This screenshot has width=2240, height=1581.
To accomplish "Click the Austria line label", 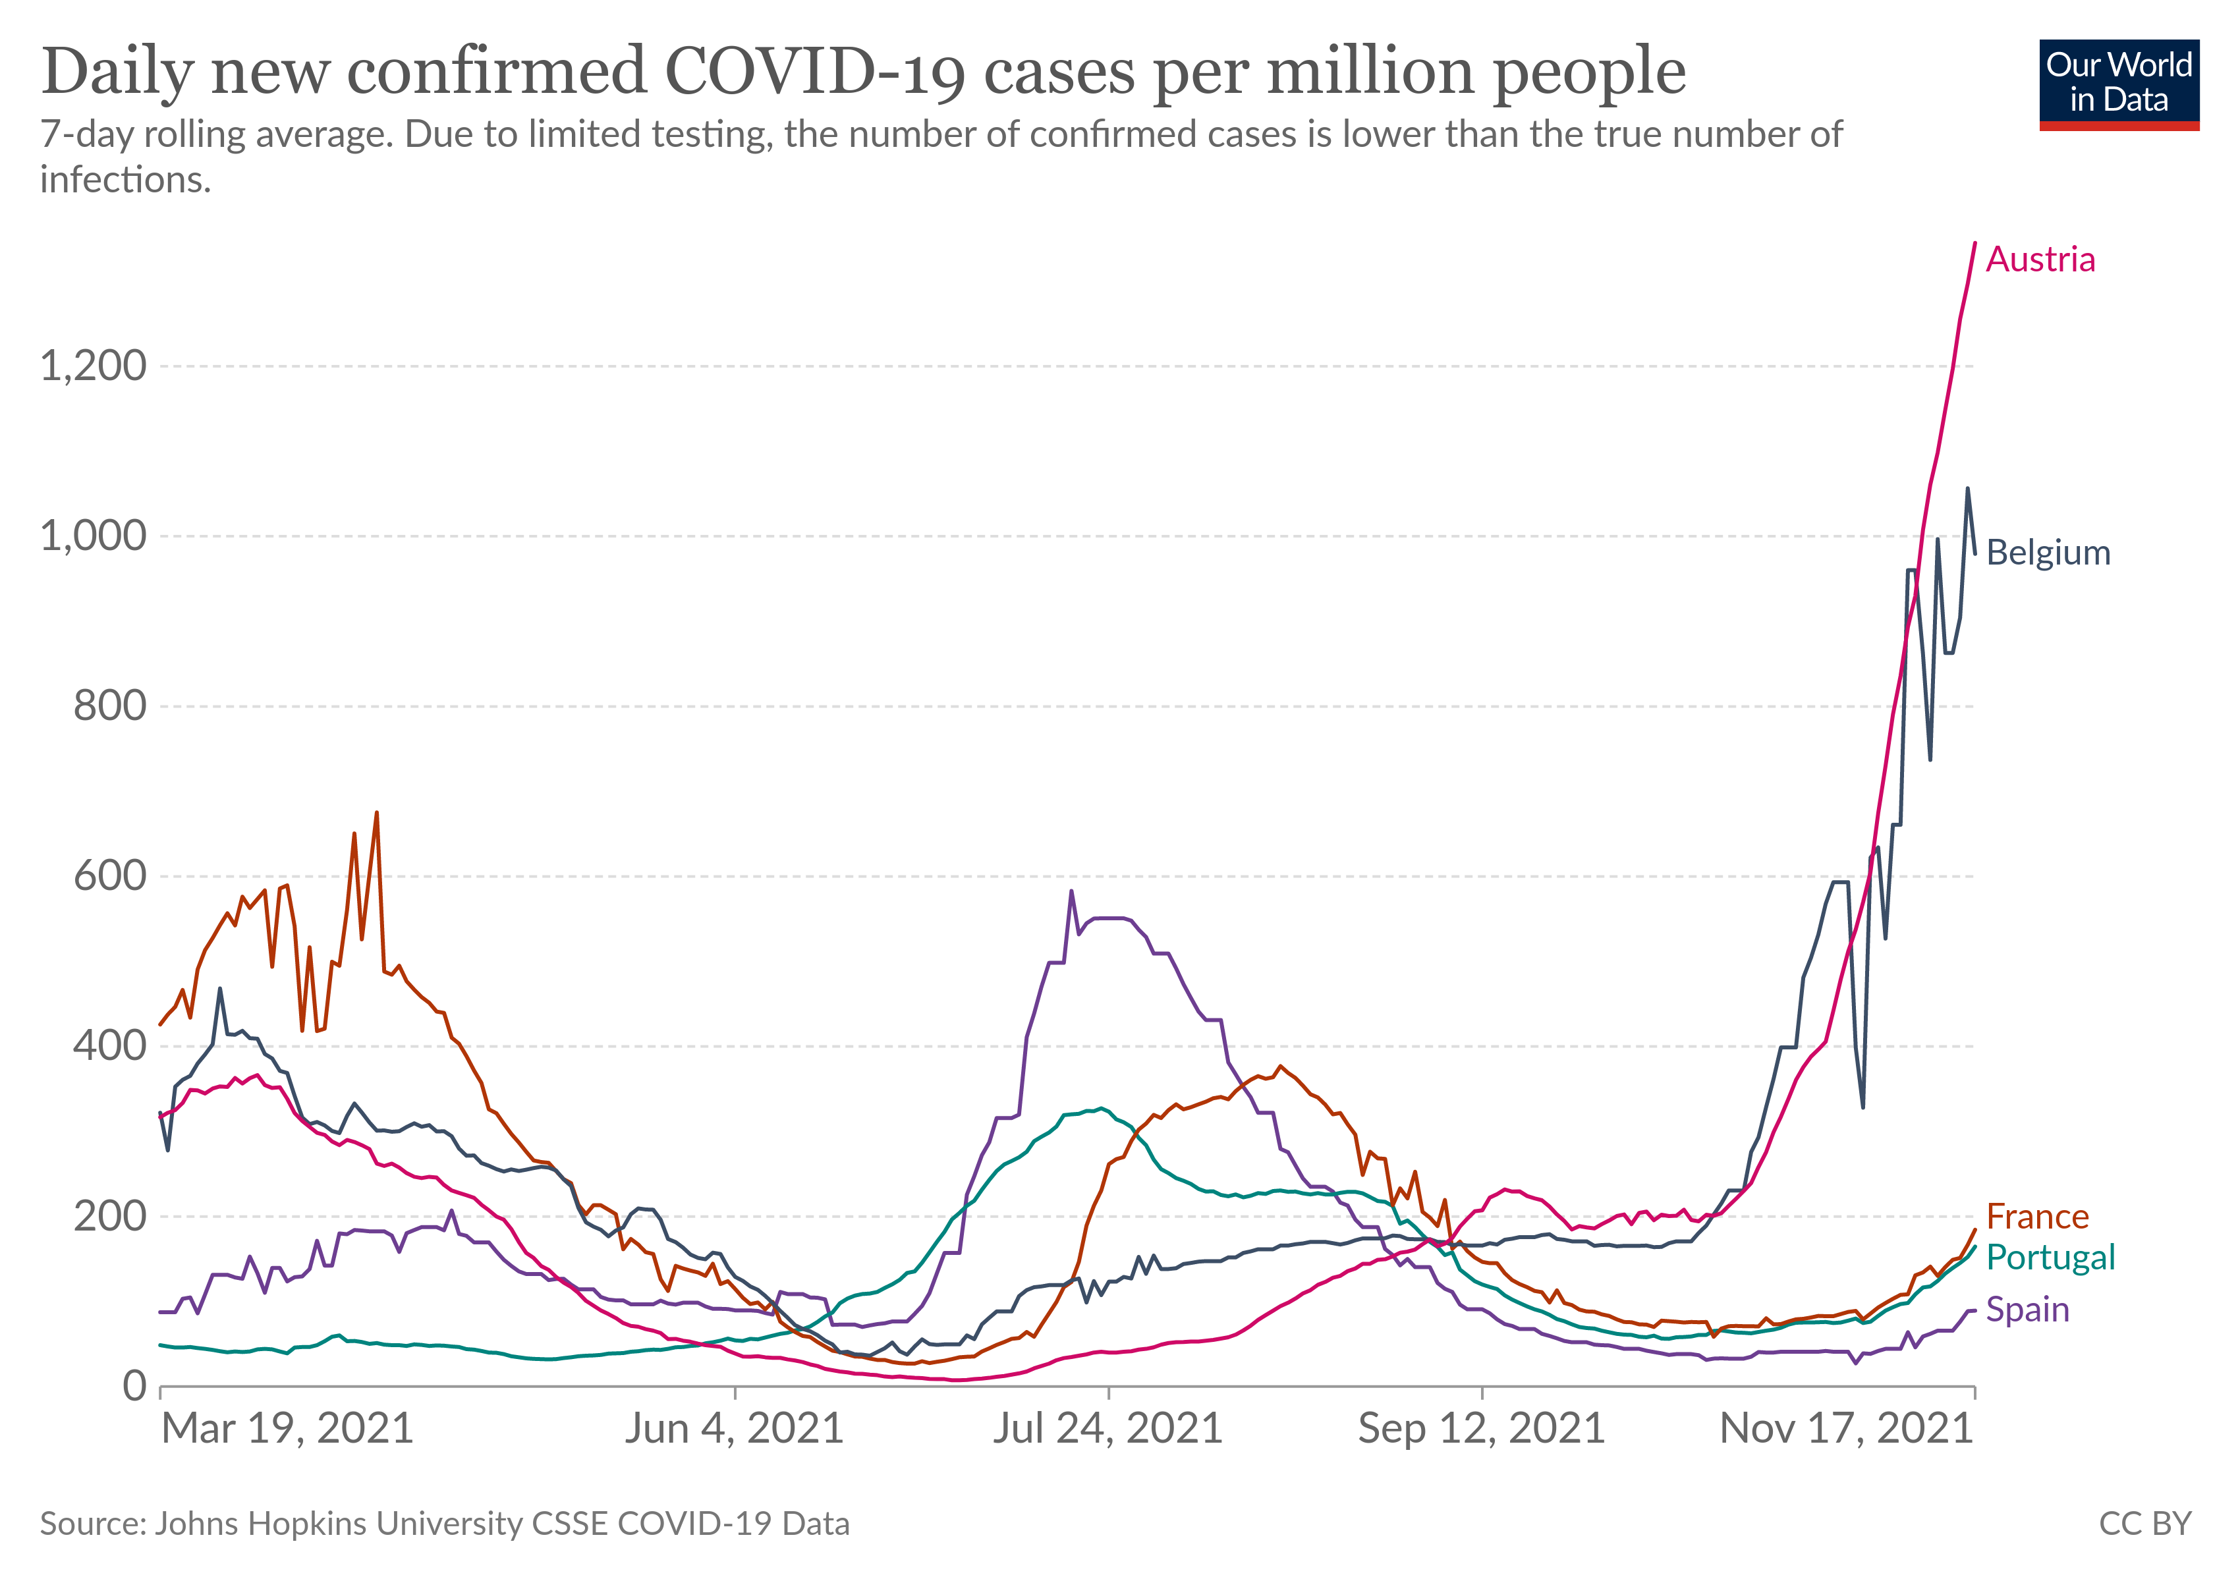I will pos(2040,260).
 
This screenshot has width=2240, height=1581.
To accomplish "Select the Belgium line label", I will pos(2048,552).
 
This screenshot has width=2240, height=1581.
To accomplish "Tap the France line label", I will pos(2037,1216).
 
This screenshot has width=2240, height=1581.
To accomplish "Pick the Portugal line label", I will pos(2050,1257).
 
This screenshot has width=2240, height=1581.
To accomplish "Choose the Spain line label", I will pos(2027,1309).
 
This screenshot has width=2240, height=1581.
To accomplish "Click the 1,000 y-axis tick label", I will pos(93,536).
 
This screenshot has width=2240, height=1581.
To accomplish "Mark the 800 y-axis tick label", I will pos(109,705).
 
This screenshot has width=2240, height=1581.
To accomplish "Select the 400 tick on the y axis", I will pos(109,1045).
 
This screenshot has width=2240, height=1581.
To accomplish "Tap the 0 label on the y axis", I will pos(134,1385).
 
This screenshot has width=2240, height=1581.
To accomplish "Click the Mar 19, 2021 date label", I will pos(288,1429).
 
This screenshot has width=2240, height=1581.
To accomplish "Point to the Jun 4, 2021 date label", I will pos(734,1429).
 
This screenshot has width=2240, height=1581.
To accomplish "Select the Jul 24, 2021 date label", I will pos(1107,1429).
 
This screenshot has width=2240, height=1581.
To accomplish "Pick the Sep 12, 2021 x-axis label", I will pos(1481,1429).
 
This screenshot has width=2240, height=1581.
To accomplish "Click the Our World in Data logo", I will pos(2118,84).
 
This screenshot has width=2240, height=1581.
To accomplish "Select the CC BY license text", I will pos(2144,1524).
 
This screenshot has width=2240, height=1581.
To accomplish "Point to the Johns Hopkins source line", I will pos(445,1524).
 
